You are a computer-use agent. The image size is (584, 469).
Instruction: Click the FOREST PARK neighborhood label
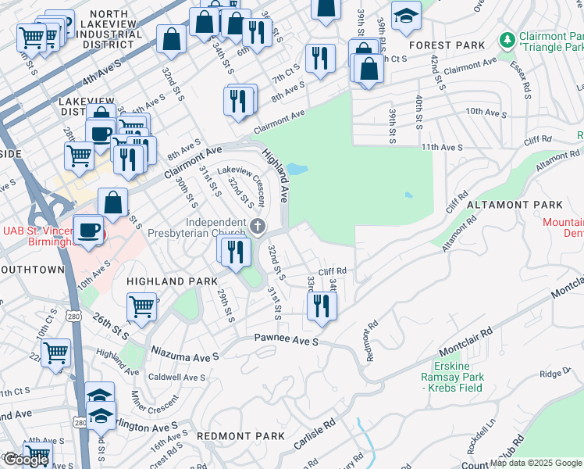pyautogui.click(x=447, y=45)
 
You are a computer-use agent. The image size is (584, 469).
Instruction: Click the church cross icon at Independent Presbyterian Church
pyautogui.click(x=259, y=227)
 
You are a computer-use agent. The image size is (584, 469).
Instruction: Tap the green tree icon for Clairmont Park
pyautogui.click(x=507, y=38)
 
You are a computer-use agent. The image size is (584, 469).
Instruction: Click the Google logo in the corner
pyautogui.click(x=26, y=460)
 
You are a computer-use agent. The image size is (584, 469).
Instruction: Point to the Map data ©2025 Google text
pyautogui.click(x=536, y=463)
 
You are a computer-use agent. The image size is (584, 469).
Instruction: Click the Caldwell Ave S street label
pyautogui.click(x=176, y=377)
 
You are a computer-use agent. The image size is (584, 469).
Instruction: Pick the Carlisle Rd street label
pyautogui.click(x=315, y=433)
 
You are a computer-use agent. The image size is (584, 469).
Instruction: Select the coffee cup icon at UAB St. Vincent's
pyautogui.click(x=87, y=230)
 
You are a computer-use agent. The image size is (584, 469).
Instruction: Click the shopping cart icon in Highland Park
pyautogui.click(x=141, y=306)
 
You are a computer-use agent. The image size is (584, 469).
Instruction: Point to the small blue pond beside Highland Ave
pyautogui.click(x=296, y=169)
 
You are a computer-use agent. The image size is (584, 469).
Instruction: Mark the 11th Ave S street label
pyautogui.click(x=442, y=147)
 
